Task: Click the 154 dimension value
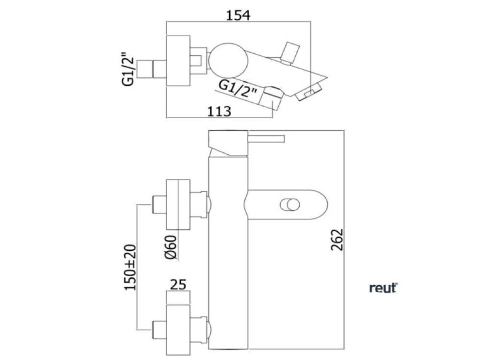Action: click(238, 15)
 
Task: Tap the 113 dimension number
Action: click(219, 111)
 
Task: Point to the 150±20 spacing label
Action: click(130, 267)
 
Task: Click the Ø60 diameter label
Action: click(171, 247)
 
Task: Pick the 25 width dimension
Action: click(178, 285)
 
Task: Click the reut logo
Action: click(383, 288)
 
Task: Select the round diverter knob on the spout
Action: click(289, 205)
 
